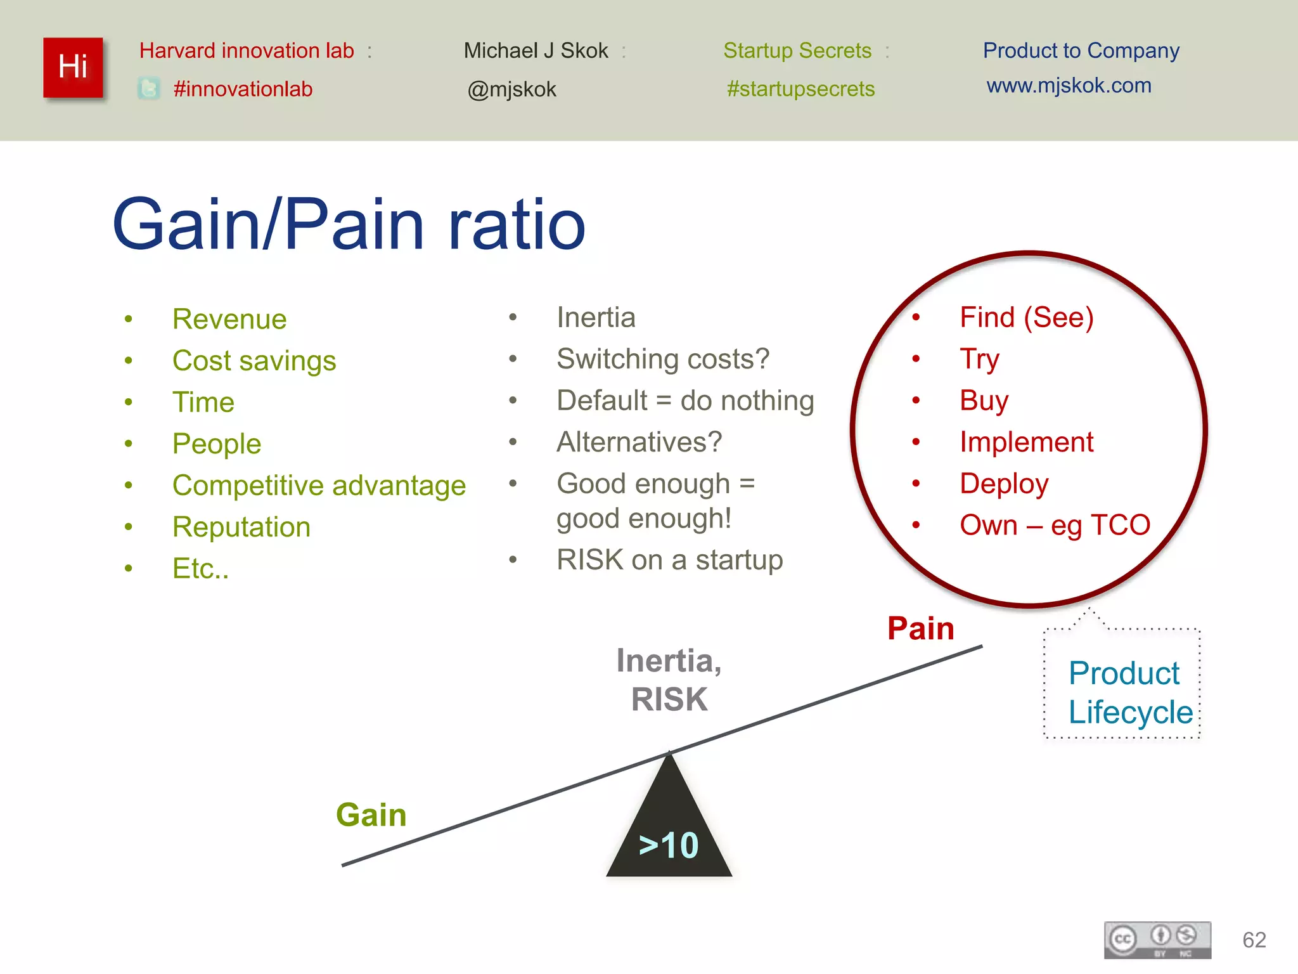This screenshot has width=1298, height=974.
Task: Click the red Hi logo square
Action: point(73,67)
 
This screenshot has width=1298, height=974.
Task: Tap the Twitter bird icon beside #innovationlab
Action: point(149,88)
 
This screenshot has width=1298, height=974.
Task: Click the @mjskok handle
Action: point(511,89)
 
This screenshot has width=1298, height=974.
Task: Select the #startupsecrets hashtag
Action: point(800,89)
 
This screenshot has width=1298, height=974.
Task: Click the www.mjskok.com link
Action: point(1069,85)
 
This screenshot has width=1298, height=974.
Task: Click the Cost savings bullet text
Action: point(254,361)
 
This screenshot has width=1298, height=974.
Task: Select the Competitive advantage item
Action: point(319,486)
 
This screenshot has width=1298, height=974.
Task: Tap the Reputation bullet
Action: point(241,527)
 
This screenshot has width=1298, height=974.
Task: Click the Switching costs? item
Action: point(662,359)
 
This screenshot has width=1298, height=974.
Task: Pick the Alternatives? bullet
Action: point(639,442)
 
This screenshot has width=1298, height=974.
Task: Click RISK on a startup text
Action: point(669,560)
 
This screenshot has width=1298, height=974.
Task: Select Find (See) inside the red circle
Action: point(1026,317)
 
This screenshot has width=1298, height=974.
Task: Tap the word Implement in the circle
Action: point(1026,442)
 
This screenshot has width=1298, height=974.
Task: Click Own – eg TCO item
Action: point(1055,525)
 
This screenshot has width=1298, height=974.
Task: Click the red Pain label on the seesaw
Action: point(920,628)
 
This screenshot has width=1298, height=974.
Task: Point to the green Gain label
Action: point(371,815)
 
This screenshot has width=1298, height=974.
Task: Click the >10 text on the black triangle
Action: point(669,845)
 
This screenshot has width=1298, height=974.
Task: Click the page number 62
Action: point(1254,940)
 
